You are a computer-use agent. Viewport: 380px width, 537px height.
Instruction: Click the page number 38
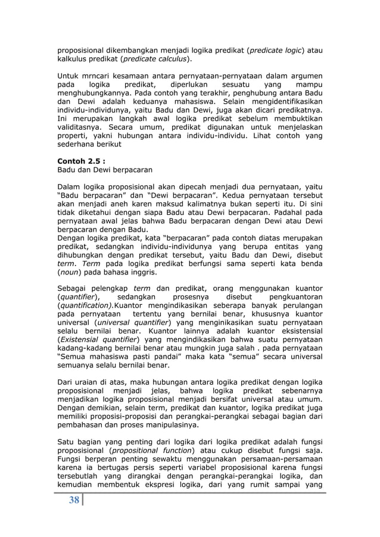pyautogui.click(x=73, y=500)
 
